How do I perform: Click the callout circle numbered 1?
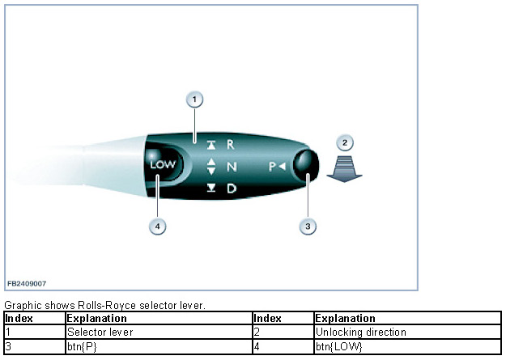tap(193, 100)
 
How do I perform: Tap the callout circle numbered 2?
tap(346, 143)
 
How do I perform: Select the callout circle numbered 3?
tap(307, 227)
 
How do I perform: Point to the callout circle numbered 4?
tap(159, 227)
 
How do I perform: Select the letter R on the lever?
tap(230, 145)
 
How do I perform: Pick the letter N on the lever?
tap(231, 167)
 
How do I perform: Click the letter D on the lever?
tap(231, 189)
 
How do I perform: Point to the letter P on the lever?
tap(274, 167)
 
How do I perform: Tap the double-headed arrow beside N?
tap(211, 167)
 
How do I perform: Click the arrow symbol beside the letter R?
tap(211, 146)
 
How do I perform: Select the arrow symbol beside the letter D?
tap(211, 189)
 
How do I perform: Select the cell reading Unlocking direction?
tap(361, 332)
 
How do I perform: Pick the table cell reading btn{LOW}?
tap(338, 346)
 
